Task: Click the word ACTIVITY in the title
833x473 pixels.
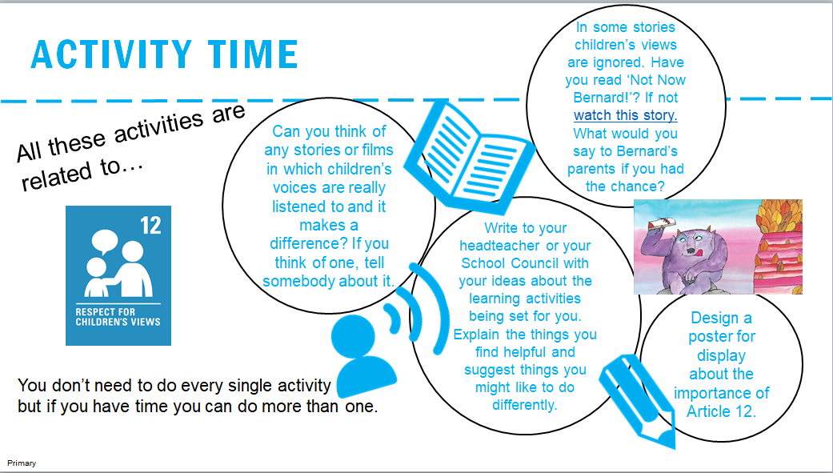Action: coord(111,54)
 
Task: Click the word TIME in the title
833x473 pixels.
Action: coord(252,54)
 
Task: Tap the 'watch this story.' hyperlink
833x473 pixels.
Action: coord(625,115)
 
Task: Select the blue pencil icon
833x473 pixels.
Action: coord(638,401)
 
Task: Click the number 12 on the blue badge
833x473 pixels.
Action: coord(151,226)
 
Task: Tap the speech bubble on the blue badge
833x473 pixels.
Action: coord(105,241)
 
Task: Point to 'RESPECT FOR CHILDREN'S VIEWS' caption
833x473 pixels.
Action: coord(118,317)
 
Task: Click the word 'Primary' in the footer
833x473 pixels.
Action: coord(22,463)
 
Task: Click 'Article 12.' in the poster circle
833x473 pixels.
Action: coord(721,411)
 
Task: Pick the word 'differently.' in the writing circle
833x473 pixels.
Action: coord(525,405)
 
